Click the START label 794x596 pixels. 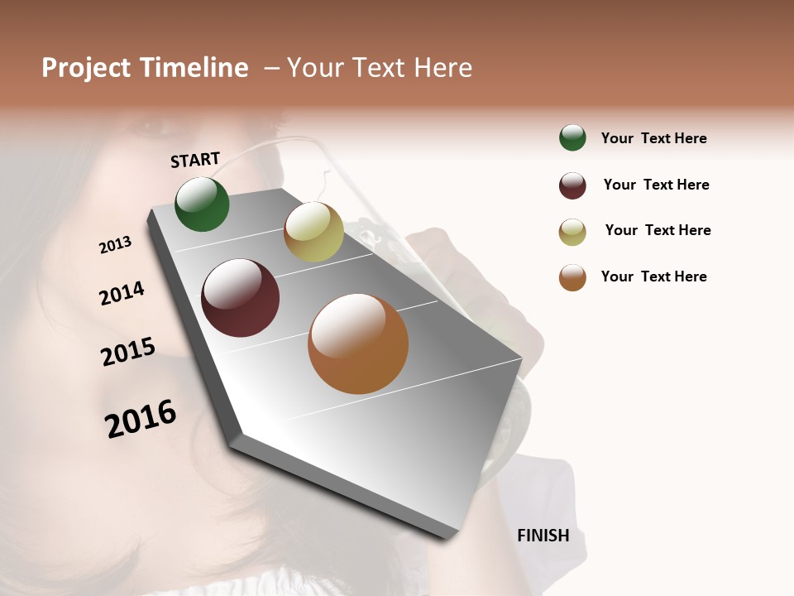click(x=195, y=160)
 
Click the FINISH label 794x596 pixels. click(x=543, y=536)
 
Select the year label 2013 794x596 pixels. click(x=115, y=245)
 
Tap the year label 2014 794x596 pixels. click(x=122, y=294)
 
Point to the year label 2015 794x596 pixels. click(x=128, y=352)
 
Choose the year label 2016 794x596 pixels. click(x=141, y=418)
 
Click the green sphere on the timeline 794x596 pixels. click(x=202, y=204)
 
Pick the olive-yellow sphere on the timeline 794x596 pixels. click(x=313, y=232)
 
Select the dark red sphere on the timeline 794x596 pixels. click(x=241, y=298)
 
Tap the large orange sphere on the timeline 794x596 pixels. click(x=358, y=344)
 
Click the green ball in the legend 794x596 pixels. click(x=572, y=137)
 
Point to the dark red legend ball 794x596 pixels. click(x=572, y=185)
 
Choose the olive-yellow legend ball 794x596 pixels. click(x=572, y=232)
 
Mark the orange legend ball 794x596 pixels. click(x=572, y=277)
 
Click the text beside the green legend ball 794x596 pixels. click(x=653, y=138)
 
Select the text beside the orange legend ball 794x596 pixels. click(x=653, y=276)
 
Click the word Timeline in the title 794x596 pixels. click(x=194, y=68)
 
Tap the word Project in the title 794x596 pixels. click(x=85, y=68)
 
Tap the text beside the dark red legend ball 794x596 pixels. click(x=656, y=185)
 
